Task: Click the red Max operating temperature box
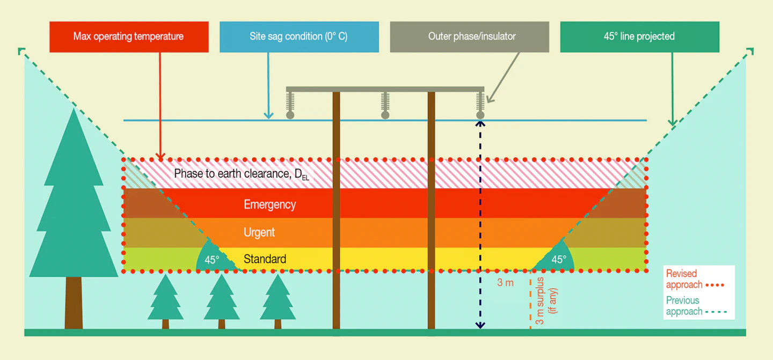[x=129, y=37]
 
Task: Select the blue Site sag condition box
[x=299, y=37]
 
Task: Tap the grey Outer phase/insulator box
[x=469, y=37]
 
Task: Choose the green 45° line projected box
[x=639, y=37]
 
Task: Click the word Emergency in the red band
[x=269, y=204]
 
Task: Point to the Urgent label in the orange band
[x=259, y=232]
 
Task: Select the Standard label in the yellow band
[x=265, y=259]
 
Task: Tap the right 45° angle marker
[x=558, y=259]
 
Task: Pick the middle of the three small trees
[x=221, y=300]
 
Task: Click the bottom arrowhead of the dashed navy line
[x=480, y=325]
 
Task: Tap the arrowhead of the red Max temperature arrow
[x=160, y=156]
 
